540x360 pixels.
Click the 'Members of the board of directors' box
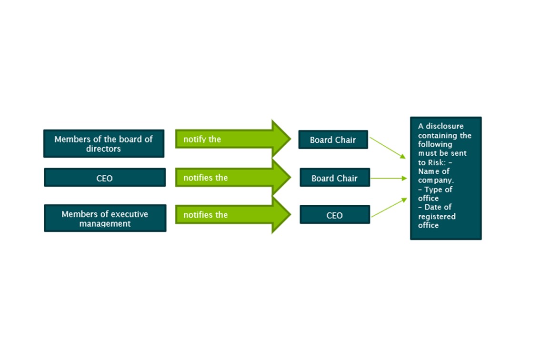pos(104,143)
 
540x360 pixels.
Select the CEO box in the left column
pos(105,178)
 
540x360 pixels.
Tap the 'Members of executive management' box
pos(105,218)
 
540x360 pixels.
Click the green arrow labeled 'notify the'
pos(229,140)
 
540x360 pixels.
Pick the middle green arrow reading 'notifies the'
pos(229,178)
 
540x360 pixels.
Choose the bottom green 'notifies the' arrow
pos(229,215)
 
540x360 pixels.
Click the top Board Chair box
pos(333,140)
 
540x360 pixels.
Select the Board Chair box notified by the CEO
pos(334,178)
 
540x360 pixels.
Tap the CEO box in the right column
pos(334,215)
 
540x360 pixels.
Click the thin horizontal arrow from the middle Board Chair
pos(388,179)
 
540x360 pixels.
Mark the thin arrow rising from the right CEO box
pos(389,208)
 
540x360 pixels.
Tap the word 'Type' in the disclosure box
pos(432,190)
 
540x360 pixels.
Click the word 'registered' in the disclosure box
pos(437,216)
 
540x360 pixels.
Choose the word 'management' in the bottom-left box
pos(105,223)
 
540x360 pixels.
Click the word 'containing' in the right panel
pos(435,135)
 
